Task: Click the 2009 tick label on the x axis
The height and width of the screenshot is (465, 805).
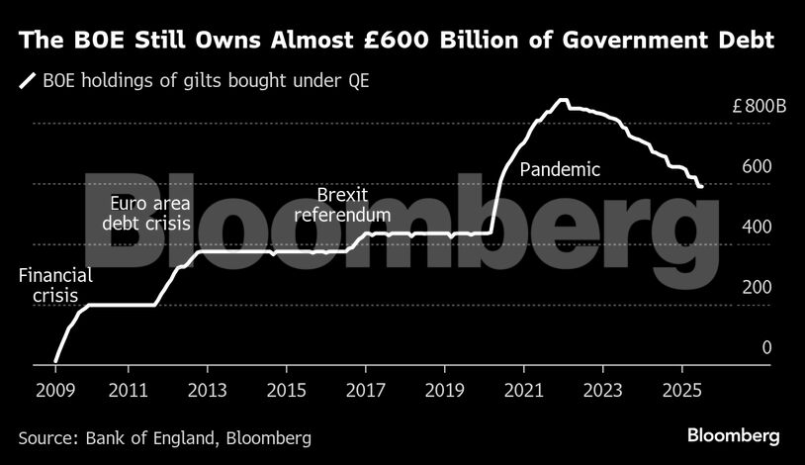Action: (x=55, y=389)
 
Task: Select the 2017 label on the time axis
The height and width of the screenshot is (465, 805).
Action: (x=364, y=389)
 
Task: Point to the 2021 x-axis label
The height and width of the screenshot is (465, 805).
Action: (x=524, y=389)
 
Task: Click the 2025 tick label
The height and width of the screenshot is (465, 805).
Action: (x=682, y=389)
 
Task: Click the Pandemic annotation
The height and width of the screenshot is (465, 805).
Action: (x=560, y=170)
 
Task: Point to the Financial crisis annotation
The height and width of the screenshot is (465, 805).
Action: (x=55, y=286)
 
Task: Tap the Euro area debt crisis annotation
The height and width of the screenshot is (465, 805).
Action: (x=146, y=214)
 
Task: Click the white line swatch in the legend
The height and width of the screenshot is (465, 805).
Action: (x=27, y=79)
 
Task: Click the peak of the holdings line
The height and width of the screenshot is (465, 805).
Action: (x=563, y=100)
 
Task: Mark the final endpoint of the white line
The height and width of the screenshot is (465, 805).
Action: (x=700, y=186)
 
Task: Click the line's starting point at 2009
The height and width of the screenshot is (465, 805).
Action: (x=55, y=361)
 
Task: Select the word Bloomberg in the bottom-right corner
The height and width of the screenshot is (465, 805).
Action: (x=733, y=435)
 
